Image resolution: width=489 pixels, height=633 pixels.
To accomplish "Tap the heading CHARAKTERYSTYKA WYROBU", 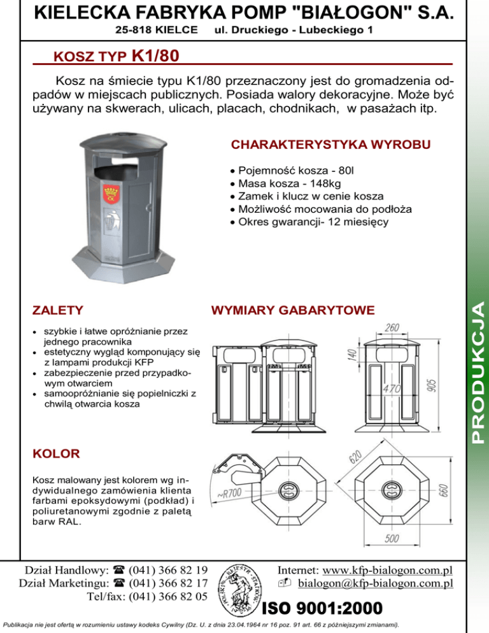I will (x=331, y=145).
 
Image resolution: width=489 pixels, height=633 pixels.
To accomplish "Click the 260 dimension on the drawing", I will (x=393, y=328).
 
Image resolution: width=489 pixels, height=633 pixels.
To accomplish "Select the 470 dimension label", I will (x=392, y=388).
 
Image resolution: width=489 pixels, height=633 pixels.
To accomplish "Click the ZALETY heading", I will (x=57, y=311).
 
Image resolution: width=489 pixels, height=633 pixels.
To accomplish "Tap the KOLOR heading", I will (x=56, y=454).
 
